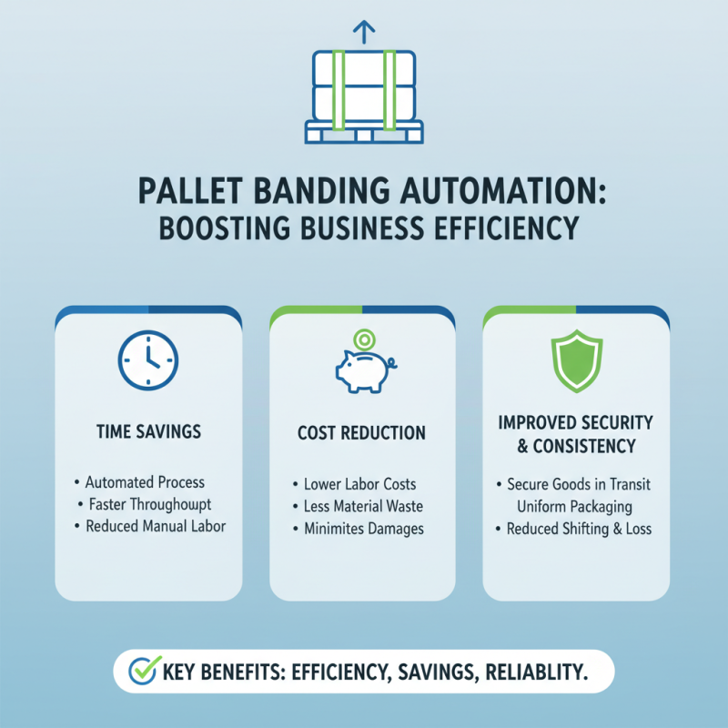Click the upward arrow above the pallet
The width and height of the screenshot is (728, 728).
click(363, 33)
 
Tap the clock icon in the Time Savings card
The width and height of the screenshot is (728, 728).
click(148, 359)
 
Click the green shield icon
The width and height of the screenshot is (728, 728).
click(575, 361)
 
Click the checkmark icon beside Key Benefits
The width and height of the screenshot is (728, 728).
click(142, 672)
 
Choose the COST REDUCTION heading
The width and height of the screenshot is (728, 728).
click(362, 434)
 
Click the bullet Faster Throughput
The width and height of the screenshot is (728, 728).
click(150, 504)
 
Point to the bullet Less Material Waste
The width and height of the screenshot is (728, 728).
click(363, 507)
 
